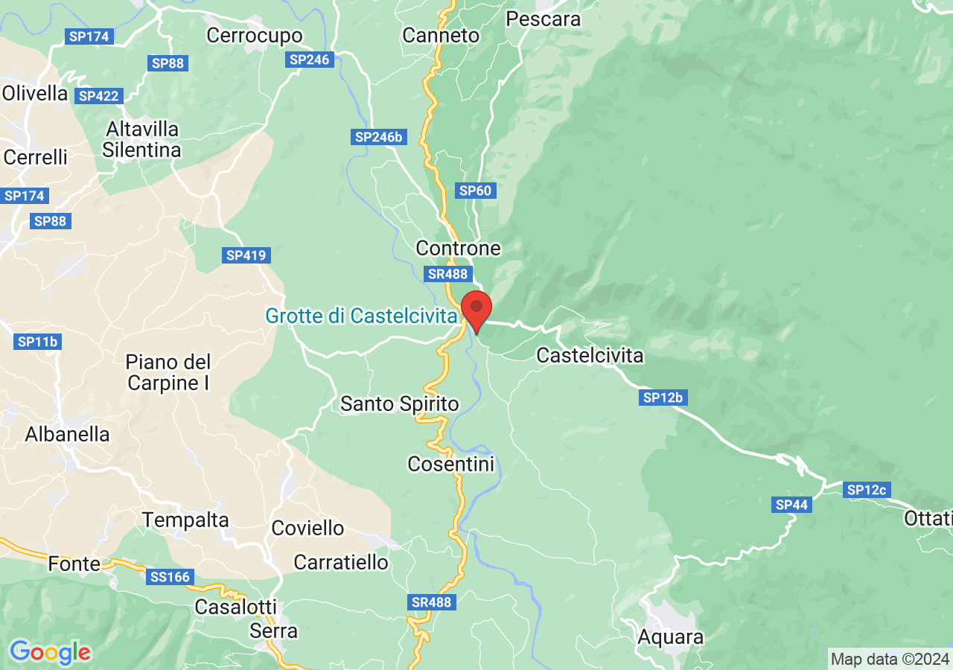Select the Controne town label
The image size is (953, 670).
click(459, 248)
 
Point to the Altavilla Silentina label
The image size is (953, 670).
click(141, 139)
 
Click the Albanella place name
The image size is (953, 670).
click(67, 434)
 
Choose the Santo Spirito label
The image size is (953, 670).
click(399, 404)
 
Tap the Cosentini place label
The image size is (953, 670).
click(451, 465)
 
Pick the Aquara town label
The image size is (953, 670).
click(670, 637)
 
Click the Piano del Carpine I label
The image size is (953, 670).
click(168, 372)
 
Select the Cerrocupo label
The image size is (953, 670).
click(255, 35)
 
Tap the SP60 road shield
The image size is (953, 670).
click(476, 191)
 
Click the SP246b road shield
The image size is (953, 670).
click(378, 137)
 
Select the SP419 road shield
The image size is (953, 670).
click(246, 255)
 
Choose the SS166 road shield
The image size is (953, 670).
click(171, 576)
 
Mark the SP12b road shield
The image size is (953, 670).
click(663, 398)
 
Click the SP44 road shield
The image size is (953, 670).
click(791, 505)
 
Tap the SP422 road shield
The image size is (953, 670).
click(98, 96)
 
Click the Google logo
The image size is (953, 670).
click(50, 652)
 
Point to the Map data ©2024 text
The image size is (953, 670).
click(890, 659)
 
